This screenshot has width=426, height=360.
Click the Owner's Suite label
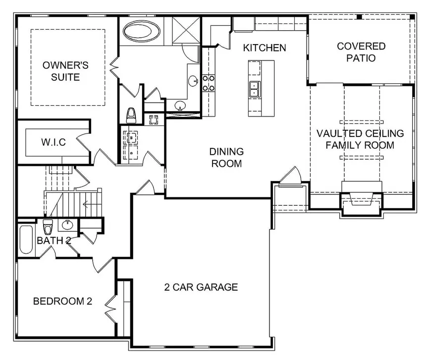click(x=65, y=71)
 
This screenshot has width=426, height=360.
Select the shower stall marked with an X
click(x=186, y=30)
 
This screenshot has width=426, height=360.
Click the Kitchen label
click(x=265, y=48)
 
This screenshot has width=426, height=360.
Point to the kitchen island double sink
click(x=255, y=89)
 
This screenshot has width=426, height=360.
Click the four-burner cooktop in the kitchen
click(x=209, y=83)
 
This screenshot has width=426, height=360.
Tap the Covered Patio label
click(x=361, y=52)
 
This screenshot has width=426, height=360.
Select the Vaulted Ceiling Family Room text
click(x=360, y=139)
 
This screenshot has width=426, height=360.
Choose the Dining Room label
click(x=226, y=157)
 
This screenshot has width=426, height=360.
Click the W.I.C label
click(x=53, y=142)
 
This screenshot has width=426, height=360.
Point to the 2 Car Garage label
click(x=201, y=287)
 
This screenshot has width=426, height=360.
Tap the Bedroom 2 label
click(x=62, y=301)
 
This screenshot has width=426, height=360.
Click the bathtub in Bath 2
click(x=26, y=240)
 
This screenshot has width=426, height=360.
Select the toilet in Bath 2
click(x=48, y=227)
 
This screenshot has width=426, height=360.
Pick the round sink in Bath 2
click(x=67, y=225)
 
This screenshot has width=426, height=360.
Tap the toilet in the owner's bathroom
click(x=131, y=115)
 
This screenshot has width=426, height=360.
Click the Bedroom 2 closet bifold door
click(x=111, y=308)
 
